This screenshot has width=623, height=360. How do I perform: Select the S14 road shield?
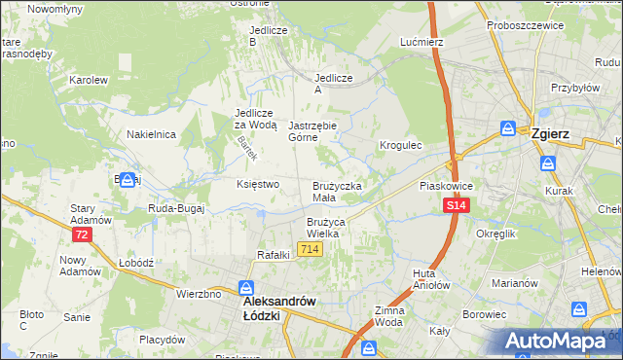457,206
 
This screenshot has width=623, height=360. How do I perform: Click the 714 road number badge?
311,250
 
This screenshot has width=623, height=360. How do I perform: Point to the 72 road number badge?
82,235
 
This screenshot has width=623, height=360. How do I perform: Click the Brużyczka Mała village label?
337,192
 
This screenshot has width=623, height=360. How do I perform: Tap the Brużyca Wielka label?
322,228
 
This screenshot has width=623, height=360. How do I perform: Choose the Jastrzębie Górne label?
312,131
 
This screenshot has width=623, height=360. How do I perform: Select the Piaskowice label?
445,184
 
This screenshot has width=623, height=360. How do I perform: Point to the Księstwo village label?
258,183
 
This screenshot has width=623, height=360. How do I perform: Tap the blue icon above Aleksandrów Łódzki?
247,288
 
